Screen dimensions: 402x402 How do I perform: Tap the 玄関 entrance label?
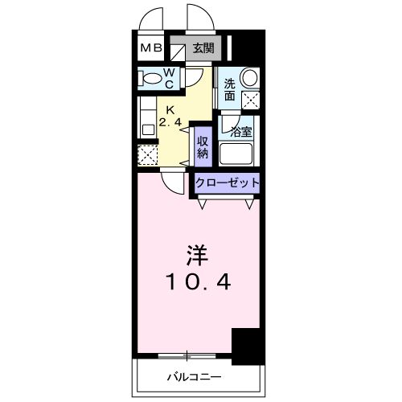[x=203, y=48]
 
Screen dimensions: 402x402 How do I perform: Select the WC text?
[x=171, y=77]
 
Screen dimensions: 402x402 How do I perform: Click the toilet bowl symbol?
[x=151, y=78]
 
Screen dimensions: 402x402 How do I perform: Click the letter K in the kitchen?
[x=170, y=110]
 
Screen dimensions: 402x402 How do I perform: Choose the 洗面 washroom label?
[x=230, y=89]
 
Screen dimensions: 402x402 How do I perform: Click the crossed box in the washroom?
[x=252, y=100]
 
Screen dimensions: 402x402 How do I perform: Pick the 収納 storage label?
[x=203, y=146]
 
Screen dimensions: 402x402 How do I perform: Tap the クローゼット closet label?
[x=228, y=183]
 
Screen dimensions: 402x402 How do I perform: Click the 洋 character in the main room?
[x=197, y=257]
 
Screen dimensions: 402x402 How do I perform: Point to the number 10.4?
[x=197, y=283]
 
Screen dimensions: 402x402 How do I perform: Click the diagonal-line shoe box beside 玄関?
[x=178, y=48]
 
